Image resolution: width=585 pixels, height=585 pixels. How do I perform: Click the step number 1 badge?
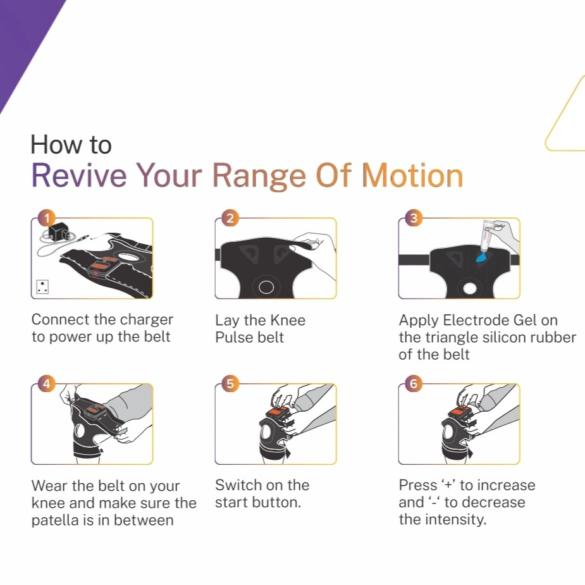click(x=47, y=218)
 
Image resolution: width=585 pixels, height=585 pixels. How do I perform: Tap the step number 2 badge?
click(x=230, y=218)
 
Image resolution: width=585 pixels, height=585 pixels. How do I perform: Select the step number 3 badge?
click(x=414, y=218)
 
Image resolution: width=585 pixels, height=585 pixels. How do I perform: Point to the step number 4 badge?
click(x=47, y=383)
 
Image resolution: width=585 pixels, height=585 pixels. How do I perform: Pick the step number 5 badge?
click(x=230, y=383)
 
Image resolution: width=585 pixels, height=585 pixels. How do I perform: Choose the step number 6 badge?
click(x=414, y=383)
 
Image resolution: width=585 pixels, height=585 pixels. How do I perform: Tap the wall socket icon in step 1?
click(x=42, y=287)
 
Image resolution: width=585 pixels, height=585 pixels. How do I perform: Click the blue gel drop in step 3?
click(x=481, y=257)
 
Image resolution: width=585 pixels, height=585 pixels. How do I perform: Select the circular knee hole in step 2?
click(x=266, y=287)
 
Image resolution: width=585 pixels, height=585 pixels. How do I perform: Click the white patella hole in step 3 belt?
click(x=470, y=288)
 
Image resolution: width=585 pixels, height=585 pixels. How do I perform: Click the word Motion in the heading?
click(x=412, y=175)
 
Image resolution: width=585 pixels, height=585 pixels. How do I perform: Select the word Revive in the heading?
click(x=79, y=175)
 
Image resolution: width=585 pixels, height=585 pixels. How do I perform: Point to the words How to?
click(x=71, y=144)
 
